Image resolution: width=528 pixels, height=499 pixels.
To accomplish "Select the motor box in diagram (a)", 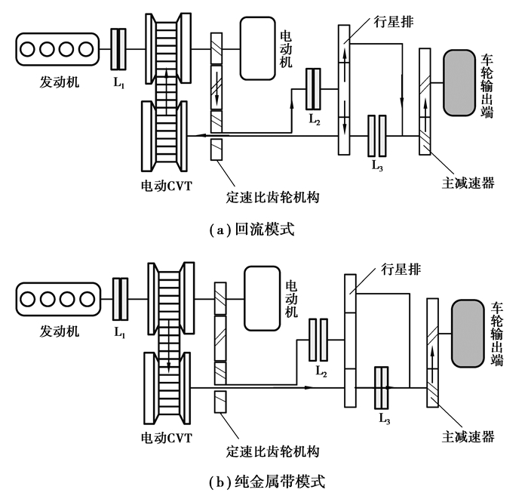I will pyautogui.click(x=256, y=48).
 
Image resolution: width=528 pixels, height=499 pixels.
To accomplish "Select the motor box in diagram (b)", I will pyautogui.click(x=259, y=297).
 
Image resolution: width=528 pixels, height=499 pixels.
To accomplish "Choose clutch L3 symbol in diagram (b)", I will pyautogui.click(x=381, y=387).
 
